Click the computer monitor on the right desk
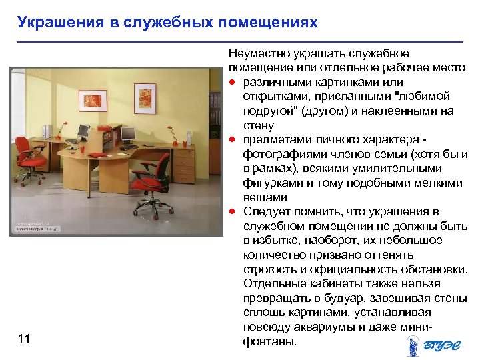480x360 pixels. tap(127, 135)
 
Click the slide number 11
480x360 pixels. tap(24, 339)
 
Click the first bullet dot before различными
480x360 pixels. tap(233, 82)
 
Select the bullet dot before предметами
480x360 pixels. tap(233, 140)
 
